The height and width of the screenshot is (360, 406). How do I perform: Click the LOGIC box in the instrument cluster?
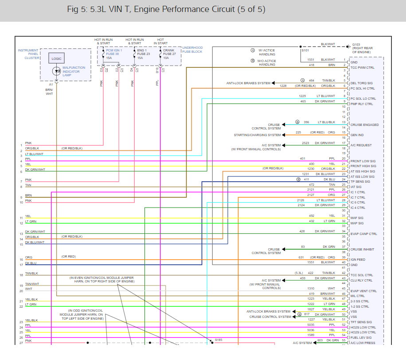coord(56,59)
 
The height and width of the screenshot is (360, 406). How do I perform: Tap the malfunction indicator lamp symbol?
coord(56,71)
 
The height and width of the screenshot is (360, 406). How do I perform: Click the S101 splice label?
coord(305,50)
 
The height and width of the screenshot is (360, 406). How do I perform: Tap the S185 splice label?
coord(219,340)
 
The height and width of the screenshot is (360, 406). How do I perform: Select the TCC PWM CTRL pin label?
coord(362,67)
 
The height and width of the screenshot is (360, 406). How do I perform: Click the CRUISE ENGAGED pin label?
coord(364,125)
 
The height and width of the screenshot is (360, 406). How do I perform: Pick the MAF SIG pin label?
coord(357,218)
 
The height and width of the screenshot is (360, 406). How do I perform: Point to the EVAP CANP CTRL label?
coord(363,234)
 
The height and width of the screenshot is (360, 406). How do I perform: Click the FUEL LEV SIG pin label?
coord(361,337)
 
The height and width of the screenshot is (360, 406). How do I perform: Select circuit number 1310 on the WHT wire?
coord(311,288)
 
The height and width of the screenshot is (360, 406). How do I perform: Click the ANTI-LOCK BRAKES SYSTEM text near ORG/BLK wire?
coord(248,83)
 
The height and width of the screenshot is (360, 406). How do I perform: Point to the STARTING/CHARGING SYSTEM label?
coord(257,135)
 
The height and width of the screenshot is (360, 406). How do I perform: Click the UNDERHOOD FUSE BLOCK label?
coord(192,50)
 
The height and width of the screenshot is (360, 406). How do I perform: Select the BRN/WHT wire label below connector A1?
coord(49,91)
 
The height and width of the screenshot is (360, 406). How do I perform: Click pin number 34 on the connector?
coord(344,231)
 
